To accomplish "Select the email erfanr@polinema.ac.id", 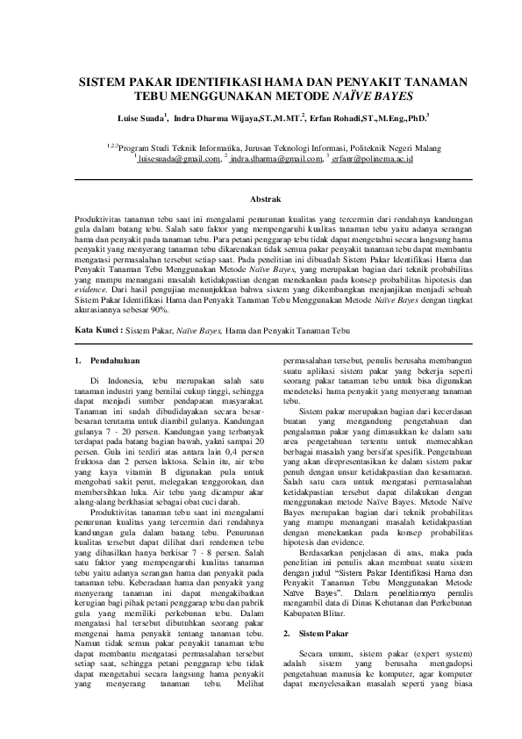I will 373,160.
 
